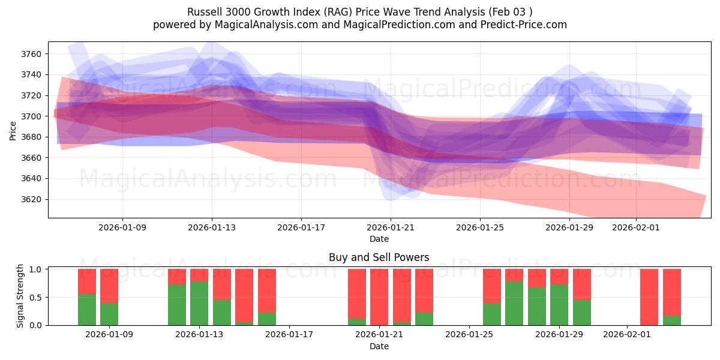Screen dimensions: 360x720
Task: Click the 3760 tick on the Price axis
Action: point(31,54)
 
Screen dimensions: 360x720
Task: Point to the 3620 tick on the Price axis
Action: point(31,199)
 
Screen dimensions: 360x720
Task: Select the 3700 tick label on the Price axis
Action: point(31,116)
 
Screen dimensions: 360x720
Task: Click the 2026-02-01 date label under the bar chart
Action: point(626,335)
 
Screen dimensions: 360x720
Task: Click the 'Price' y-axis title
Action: point(13,130)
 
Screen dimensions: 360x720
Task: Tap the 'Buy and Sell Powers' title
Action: point(379,257)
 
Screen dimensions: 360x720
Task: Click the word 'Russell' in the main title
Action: point(204,12)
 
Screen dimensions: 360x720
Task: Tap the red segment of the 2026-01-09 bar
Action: point(109,286)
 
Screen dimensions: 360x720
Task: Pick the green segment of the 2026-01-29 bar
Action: point(559,305)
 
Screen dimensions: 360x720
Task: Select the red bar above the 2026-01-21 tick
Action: point(379,296)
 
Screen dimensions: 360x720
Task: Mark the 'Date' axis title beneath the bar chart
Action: point(379,346)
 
